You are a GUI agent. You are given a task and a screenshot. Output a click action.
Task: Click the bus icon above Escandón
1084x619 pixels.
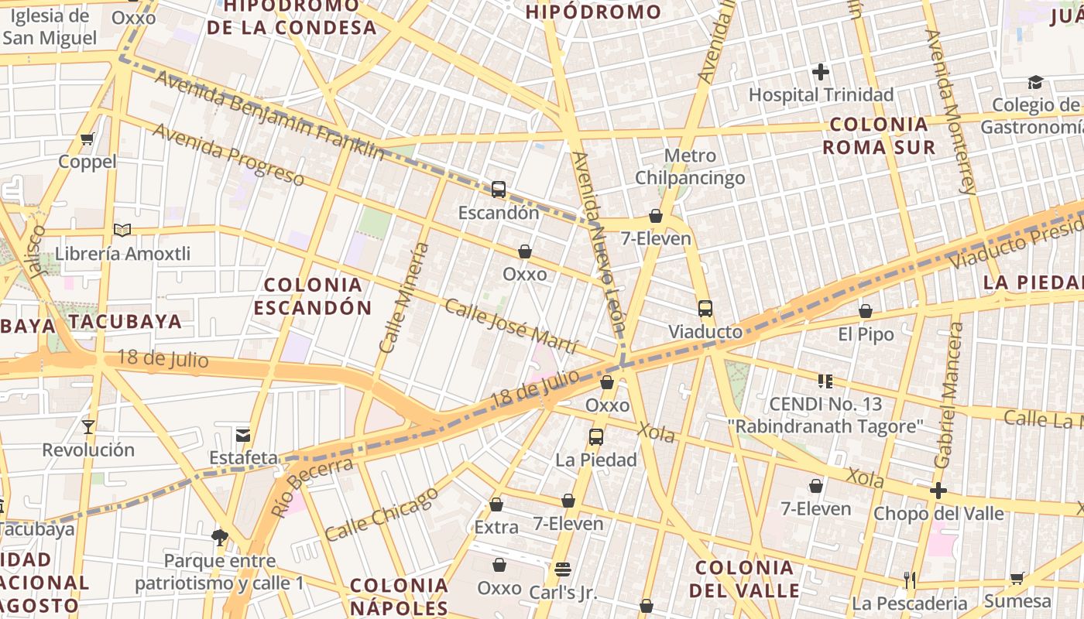point(499,189)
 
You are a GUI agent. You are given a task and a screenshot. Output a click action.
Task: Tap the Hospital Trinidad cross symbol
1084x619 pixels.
point(821,73)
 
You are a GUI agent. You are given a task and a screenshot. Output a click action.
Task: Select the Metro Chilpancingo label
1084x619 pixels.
point(690,166)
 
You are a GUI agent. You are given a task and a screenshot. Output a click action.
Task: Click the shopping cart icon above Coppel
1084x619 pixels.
point(87,139)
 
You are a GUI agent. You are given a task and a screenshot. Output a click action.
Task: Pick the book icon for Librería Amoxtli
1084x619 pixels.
point(122,230)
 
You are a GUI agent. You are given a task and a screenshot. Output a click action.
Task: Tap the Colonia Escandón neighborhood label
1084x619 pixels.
point(312,296)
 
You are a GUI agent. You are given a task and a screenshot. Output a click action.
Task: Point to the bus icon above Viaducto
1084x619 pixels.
point(705,309)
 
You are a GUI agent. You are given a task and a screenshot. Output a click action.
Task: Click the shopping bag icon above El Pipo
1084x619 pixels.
point(866,311)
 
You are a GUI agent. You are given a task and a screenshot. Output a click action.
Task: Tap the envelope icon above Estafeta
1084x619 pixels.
point(243,435)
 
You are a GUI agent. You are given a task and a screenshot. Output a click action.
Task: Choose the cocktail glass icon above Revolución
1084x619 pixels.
point(88,426)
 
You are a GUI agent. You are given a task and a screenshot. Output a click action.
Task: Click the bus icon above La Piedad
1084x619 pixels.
point(595,436)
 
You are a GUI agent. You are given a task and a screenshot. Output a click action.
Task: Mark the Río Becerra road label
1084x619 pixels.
point(312,487)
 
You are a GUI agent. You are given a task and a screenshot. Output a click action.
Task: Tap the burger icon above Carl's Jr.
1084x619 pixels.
point(563,569)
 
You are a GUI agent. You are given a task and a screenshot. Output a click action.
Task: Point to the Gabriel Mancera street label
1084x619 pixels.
point(949,395)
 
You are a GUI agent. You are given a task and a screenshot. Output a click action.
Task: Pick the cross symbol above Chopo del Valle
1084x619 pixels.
point(938,491)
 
